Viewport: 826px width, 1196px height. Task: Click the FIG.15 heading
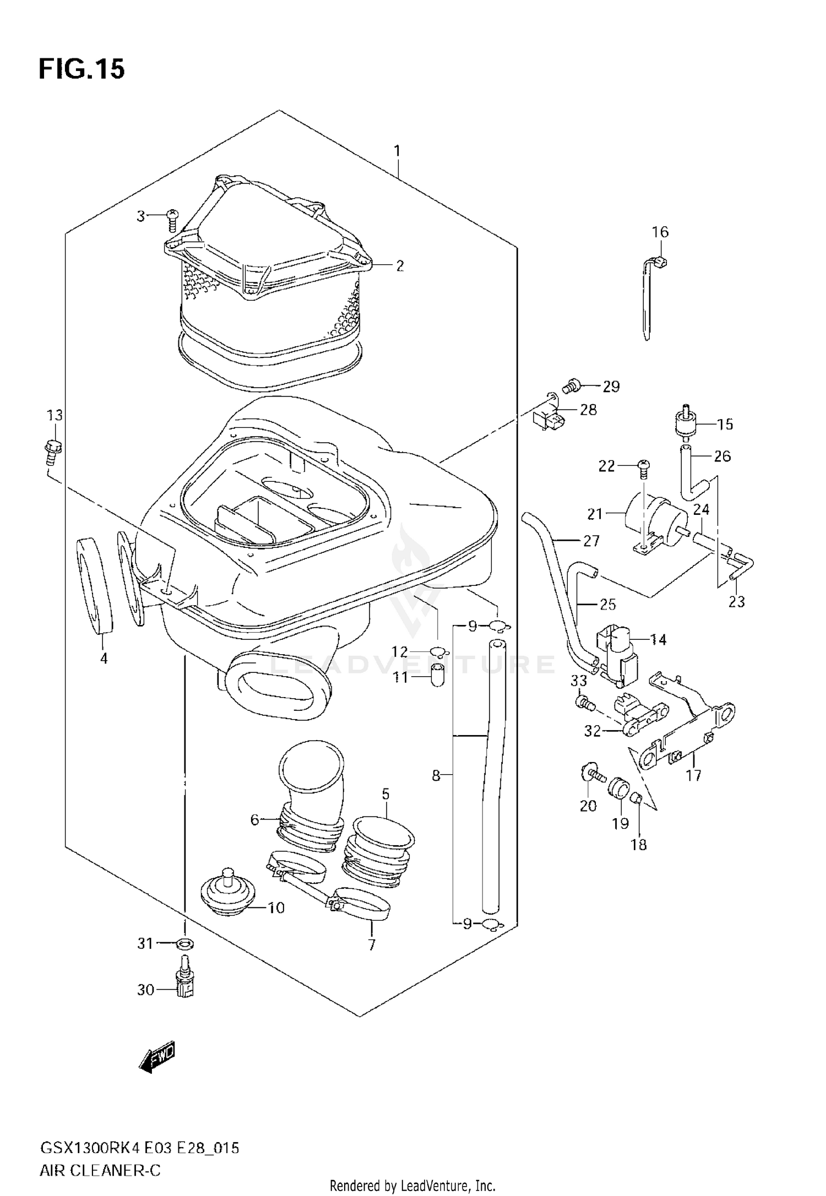(81, 70)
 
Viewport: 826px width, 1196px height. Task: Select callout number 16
(660, 232)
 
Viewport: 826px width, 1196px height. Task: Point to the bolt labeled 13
(53, 449)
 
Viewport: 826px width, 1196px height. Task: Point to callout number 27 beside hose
(590, 541)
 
